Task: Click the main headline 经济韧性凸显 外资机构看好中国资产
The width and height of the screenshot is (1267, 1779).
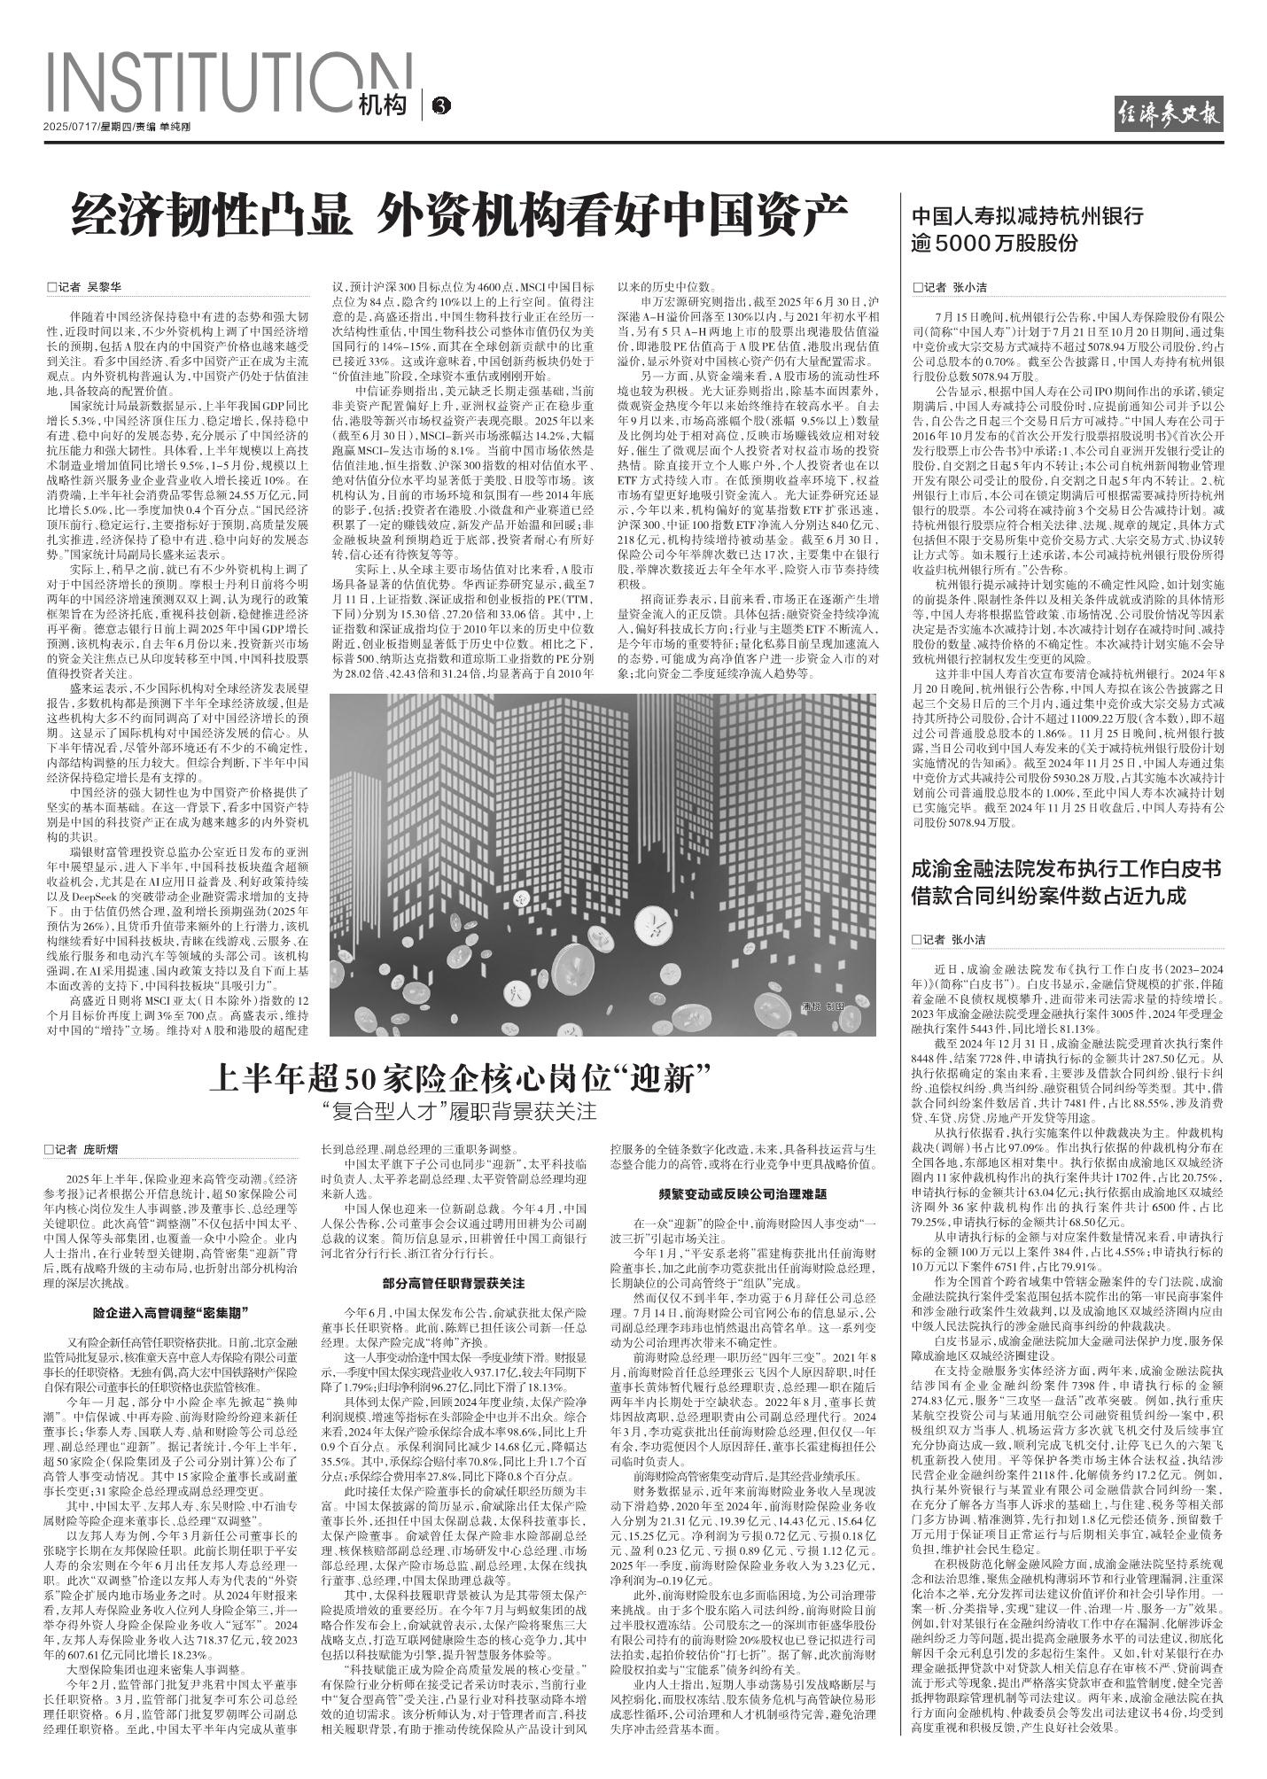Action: (460, 214)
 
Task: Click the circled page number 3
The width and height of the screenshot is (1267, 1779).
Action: (440, 107)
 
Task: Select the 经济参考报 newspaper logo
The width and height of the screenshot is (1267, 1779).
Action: (1169, 113)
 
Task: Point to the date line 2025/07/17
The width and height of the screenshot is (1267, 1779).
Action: (70, 127)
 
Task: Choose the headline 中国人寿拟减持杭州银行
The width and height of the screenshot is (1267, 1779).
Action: (1028, 215)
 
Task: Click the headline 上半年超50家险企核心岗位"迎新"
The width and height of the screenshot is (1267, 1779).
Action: (462, 1080)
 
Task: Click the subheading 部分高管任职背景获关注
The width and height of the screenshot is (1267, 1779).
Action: (454, 1282)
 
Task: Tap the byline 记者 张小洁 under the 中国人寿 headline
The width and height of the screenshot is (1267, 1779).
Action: (951, 287)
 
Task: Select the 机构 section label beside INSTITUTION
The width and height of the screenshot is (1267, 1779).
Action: (383, 106)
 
